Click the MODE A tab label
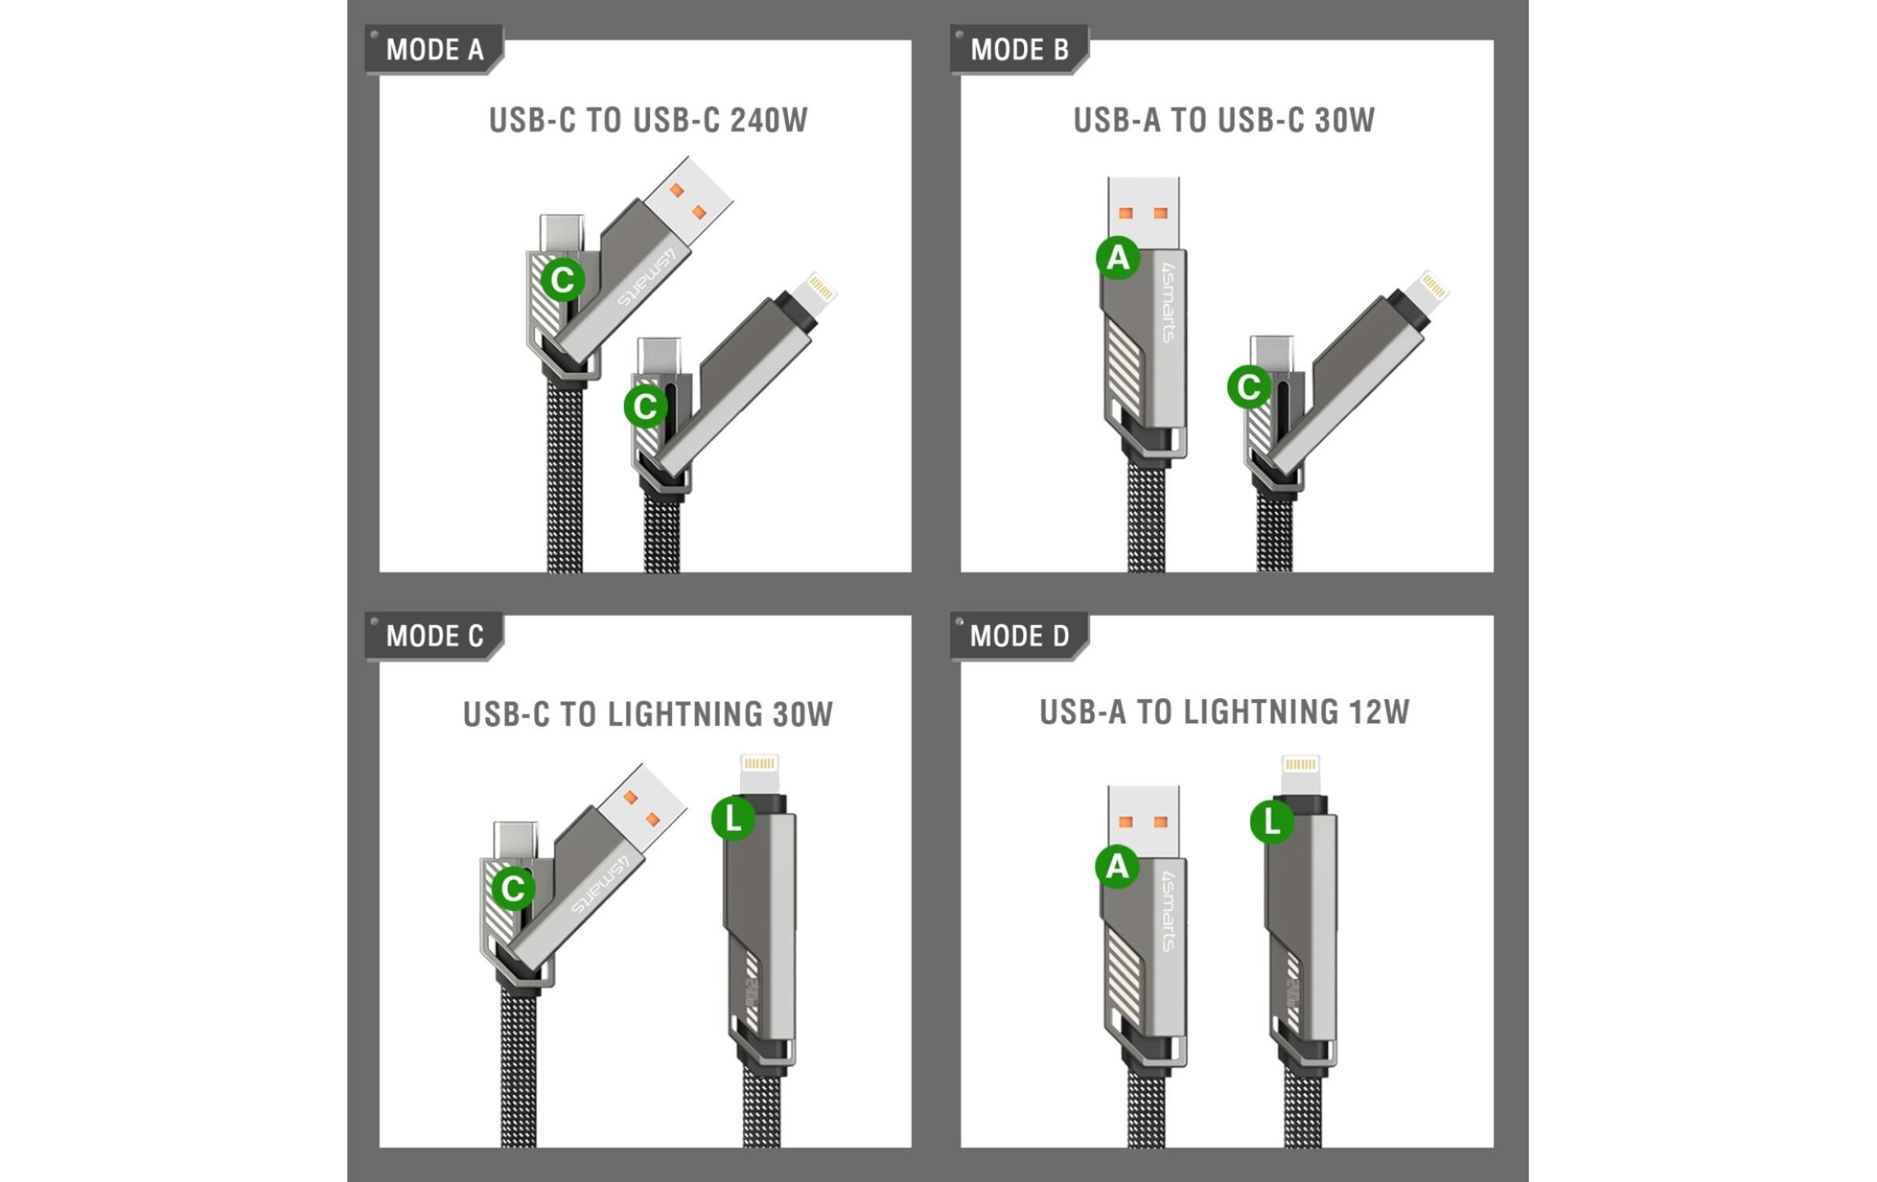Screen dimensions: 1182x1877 434,50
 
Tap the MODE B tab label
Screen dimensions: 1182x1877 1019,50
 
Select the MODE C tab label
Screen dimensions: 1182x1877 434,636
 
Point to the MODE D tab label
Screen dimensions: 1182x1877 1019,636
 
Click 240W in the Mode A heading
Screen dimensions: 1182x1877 769,121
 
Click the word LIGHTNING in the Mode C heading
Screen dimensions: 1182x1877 685,715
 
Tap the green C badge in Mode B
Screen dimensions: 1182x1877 1249,387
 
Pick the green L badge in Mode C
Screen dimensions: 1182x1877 733,819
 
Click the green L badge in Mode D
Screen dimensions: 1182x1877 1272,823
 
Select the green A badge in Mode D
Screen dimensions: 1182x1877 1118,866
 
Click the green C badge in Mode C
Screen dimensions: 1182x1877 514,889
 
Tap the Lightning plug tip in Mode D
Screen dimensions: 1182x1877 1300,774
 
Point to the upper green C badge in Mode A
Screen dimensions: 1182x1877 562,280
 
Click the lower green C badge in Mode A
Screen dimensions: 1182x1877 645,407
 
